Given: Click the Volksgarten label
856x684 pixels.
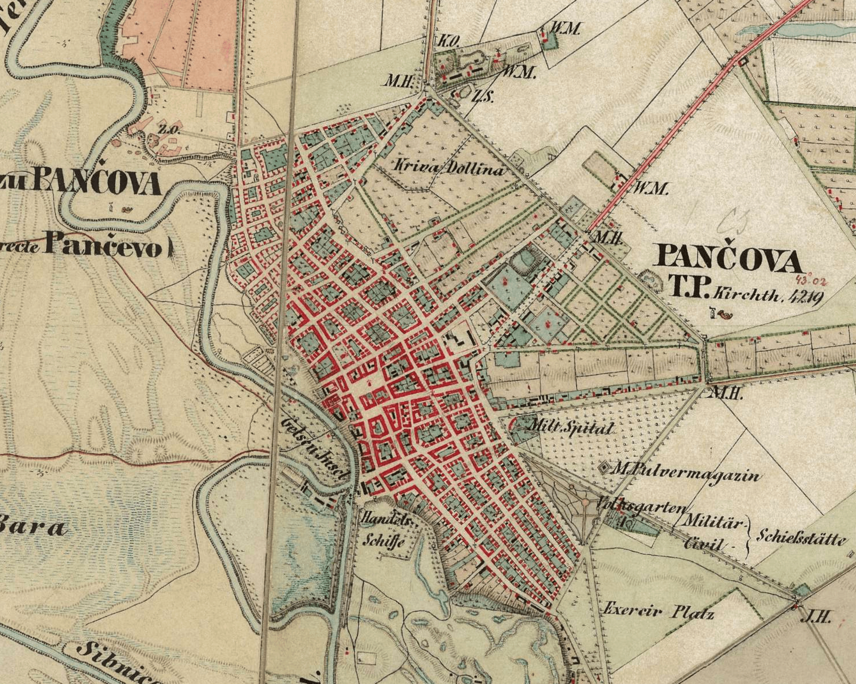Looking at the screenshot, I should click(642, 506).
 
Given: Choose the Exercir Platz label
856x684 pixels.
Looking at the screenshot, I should click(658, 611).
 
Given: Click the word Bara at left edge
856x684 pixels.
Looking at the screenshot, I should click(32, 527).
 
